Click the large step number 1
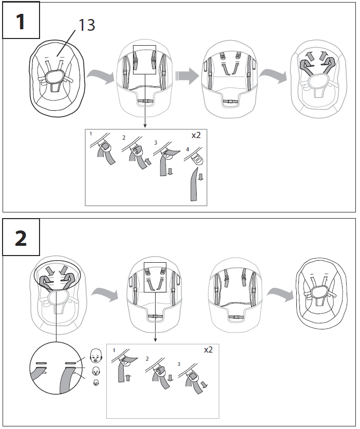(21, 22)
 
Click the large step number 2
(21, 238)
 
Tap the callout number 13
(87, 25)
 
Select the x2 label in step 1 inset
(197, 136)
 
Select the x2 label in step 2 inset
(208, 350)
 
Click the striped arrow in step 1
(186, 77)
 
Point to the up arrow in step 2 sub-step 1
(128, 378)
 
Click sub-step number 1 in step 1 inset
(91, 133)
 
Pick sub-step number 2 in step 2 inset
(147, 359)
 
